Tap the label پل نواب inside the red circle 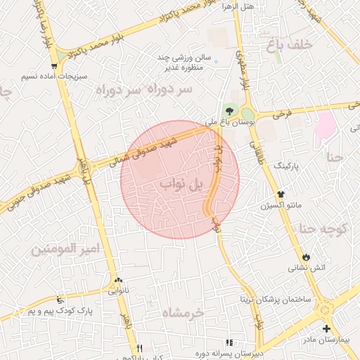[x=176, y=184]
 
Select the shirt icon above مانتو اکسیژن [x=281, y=194]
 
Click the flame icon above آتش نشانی [x=307, y=257]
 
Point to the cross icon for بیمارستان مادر [x=326, y=329]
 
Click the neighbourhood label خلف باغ [x=288, y=46]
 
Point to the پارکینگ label [x=285, y=166]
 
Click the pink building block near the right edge [x=325, y=126]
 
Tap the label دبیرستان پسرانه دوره [x=267, y=353]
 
